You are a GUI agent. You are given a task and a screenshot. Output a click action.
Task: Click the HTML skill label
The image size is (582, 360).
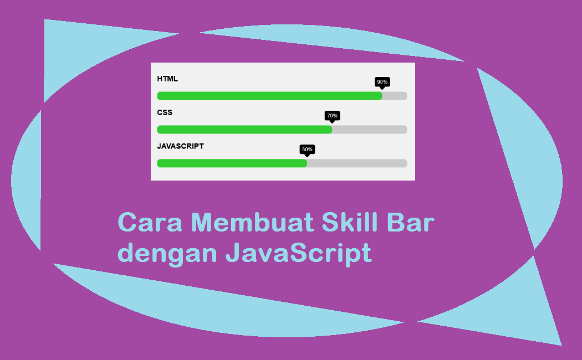tap(167, 79)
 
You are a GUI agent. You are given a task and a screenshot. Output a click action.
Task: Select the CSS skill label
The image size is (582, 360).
tap(165, 112)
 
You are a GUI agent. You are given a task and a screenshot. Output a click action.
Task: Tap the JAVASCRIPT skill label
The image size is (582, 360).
tap(180, 146)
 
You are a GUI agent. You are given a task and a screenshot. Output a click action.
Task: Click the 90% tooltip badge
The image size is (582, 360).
tap(382, 82)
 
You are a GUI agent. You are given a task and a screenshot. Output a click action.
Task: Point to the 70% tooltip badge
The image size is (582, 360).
tap(332, 116)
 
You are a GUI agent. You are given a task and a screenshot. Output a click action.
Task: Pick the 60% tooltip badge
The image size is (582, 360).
tap(307, 150)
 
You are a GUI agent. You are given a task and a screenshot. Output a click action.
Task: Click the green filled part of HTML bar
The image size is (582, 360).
tap(269, 96)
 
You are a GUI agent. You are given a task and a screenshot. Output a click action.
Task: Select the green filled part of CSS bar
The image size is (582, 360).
tap(244, 130)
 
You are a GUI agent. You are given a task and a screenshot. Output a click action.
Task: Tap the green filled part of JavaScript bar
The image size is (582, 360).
tap(232, 163)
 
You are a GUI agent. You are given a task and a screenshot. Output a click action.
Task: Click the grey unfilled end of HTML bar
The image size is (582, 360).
tap(395, 96)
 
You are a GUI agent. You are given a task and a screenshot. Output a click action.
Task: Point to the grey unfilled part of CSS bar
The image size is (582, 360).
tap(370, 130)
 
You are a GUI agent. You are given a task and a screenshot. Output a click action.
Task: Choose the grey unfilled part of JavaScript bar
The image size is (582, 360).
tap(357, 163)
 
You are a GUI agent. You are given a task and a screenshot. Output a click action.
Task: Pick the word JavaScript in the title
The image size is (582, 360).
tap(298, 254)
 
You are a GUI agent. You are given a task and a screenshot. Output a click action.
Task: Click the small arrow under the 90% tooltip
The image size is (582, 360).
tap(382, 88)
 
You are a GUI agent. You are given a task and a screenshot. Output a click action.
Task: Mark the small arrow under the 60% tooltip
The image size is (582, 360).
tap(307, 156)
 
